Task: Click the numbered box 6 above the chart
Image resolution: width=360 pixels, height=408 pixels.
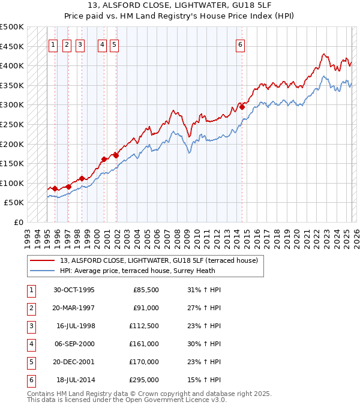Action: [240, 44]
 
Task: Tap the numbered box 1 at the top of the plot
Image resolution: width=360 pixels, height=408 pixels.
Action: [53, 44]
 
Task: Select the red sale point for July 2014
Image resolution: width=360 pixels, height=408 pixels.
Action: [242, 107]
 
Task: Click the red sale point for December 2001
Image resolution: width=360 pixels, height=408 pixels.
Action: [116, 155]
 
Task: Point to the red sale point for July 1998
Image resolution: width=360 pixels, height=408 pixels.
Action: [82, 178]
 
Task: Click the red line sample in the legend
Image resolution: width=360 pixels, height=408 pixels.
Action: [43, 260]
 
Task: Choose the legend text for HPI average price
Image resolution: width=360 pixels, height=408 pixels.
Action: [158, 271]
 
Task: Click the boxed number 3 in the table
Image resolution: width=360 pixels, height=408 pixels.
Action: [31, 326]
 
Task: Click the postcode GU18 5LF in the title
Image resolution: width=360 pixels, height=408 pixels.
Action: [233, 7]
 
